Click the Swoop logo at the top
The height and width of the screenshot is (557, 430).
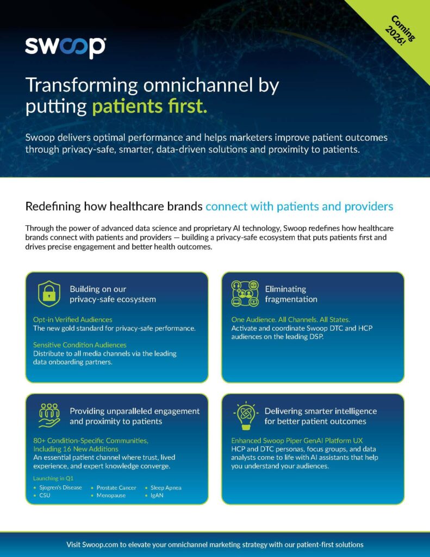point(65,47)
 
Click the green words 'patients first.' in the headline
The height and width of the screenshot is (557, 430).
point(149,106)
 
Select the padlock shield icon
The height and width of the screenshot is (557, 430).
point(49,294)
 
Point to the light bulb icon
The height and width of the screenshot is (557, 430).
point(245,416)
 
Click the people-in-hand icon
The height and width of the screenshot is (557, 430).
point(49,415)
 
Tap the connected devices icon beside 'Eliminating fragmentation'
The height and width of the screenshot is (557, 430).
point(245,293)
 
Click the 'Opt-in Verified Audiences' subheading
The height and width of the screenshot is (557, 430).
point(72,319)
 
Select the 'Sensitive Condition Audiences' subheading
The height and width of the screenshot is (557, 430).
point(79,344)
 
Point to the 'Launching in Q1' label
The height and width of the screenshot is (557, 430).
point(53,478)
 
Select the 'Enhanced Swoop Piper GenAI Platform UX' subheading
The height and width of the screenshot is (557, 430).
point(297,441)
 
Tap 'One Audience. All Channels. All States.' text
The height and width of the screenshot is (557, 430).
point(290,319)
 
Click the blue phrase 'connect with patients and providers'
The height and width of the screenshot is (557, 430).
point(300,206)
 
